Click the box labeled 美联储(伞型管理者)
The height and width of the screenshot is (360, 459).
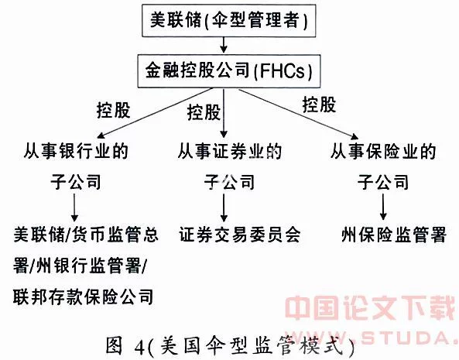229,20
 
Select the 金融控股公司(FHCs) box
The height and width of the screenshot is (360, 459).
229,70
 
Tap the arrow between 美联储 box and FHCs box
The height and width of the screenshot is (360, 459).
224,45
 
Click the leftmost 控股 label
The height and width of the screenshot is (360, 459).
113,111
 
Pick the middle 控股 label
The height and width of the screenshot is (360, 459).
204,112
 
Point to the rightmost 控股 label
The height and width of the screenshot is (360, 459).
319,105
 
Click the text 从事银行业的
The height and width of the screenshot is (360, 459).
76,151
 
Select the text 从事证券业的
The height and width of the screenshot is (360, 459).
230,151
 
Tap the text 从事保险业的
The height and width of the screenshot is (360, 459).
383,151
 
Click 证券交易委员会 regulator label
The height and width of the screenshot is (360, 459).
240,235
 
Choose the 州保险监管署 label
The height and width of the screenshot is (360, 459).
394,235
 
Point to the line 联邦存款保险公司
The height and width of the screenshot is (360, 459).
84,297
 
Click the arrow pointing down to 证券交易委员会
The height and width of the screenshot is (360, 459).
224,207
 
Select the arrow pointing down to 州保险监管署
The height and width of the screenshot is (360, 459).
383,207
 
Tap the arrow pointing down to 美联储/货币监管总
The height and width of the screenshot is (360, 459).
74,207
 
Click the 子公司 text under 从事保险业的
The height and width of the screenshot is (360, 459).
383,182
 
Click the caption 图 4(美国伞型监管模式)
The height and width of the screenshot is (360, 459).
230,345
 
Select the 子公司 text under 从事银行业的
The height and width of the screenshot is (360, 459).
76,182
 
